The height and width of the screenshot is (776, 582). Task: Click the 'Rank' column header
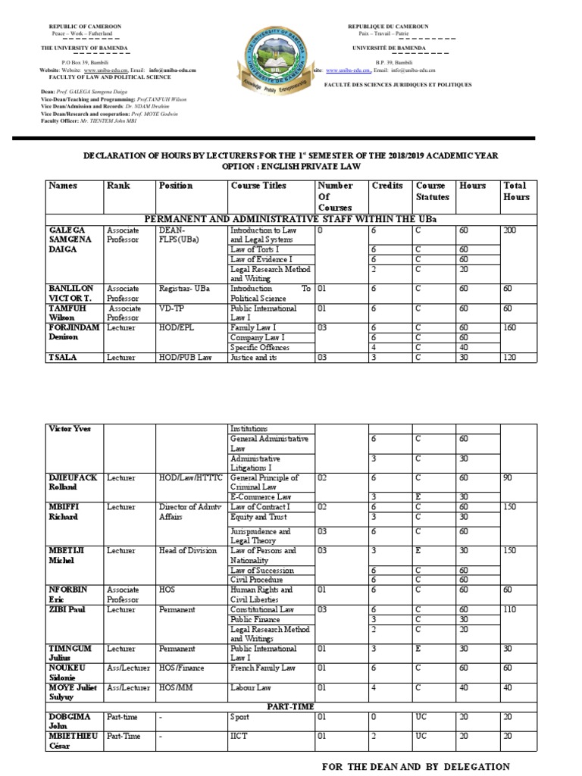click(x=118, y=186)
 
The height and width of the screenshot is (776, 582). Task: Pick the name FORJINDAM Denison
click(x=74, y=332)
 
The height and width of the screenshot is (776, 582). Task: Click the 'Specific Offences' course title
click(x=260, y=347)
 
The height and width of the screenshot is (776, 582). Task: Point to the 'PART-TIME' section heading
click(x=291, y=706)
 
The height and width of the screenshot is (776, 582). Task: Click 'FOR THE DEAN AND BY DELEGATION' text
click(x=416, y=767)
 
